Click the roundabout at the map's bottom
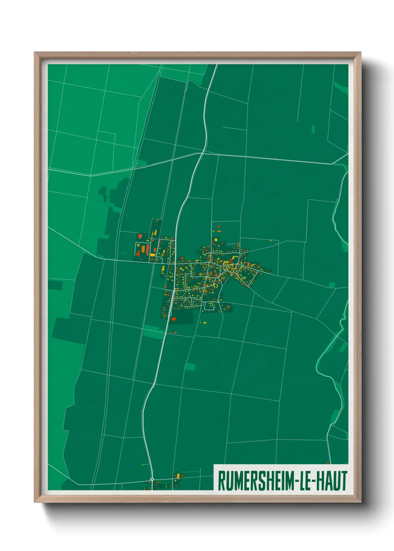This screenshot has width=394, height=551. [152, 479]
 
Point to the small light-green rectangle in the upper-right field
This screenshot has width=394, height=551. [313, 130]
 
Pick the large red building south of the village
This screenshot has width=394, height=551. [173, 319]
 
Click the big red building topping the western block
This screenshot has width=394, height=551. [140, 235]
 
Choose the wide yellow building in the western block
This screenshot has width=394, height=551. [153, 255]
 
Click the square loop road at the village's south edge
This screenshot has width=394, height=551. [209, 306]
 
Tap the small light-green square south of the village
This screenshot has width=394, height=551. [190, 367]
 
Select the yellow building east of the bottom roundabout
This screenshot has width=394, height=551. [178, 475]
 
